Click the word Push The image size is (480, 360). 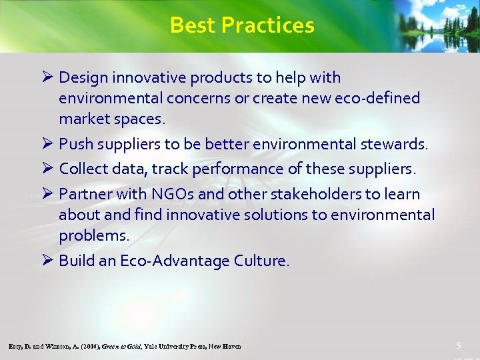click(74, 144)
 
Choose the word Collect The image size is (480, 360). click(83, 169)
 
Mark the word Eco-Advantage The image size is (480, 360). click(174, 261)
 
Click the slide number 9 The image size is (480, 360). click(459, 345)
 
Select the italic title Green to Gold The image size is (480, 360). click(121, 347)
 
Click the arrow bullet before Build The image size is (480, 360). click(47, 260)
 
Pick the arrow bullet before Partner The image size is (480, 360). click(47, 194)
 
